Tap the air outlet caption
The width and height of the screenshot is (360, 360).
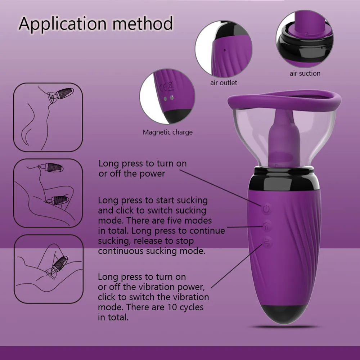point(224,83)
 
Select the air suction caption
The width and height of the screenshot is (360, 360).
point(305,73)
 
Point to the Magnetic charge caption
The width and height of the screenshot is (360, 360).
point(167,132)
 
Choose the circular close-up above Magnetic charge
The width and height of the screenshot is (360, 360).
point(167,97)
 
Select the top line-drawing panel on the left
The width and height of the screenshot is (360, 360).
point(48,117)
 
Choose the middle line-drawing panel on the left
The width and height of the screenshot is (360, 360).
point(48,193)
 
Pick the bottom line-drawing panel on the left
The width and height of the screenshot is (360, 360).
point(48,269)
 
